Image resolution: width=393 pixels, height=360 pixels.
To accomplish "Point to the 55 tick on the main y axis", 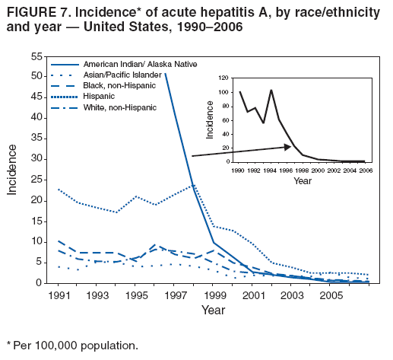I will coord(36,57).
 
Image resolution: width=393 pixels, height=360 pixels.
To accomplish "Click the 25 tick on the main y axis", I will coord(36,180).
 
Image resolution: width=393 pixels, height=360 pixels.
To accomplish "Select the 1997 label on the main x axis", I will coord(176,295).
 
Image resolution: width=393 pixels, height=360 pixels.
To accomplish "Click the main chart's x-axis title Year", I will coord(214,310).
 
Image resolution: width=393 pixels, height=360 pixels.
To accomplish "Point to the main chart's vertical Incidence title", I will coord(13,170).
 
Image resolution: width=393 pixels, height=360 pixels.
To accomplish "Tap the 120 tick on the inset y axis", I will coord(223,78).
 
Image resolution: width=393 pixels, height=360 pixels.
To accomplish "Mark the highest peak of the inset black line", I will coord(271,90).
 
